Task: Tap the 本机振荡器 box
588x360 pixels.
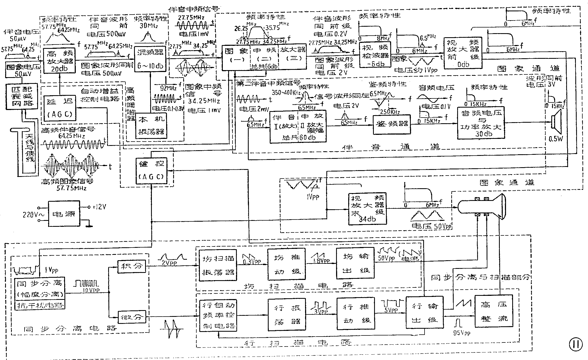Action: point(151,126)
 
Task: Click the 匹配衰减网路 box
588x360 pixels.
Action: point(22,96)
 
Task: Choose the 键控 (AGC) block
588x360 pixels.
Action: point(151,171)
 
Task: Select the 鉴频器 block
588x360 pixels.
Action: point(392,125)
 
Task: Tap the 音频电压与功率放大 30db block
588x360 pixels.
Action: point(481,123)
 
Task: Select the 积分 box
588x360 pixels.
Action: point(132,266)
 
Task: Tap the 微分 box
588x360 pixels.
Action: point(132,317)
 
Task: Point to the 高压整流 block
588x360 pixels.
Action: point(493,311)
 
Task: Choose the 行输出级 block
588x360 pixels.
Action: point(425,313)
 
